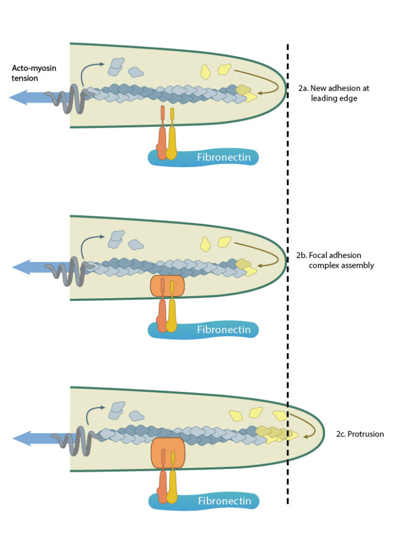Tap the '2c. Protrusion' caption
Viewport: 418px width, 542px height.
pyautogui.click(x=360, y=434)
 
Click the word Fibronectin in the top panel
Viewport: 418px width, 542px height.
pyautogui.click(x=224, y=158)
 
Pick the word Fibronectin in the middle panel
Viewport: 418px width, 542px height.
pyautogui.click(x=224, y=330)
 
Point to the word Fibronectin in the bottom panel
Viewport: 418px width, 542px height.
pyautogui.click(x=224, y=501)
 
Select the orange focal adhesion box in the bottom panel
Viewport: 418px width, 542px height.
pyautogui.click(x=168, y=452)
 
